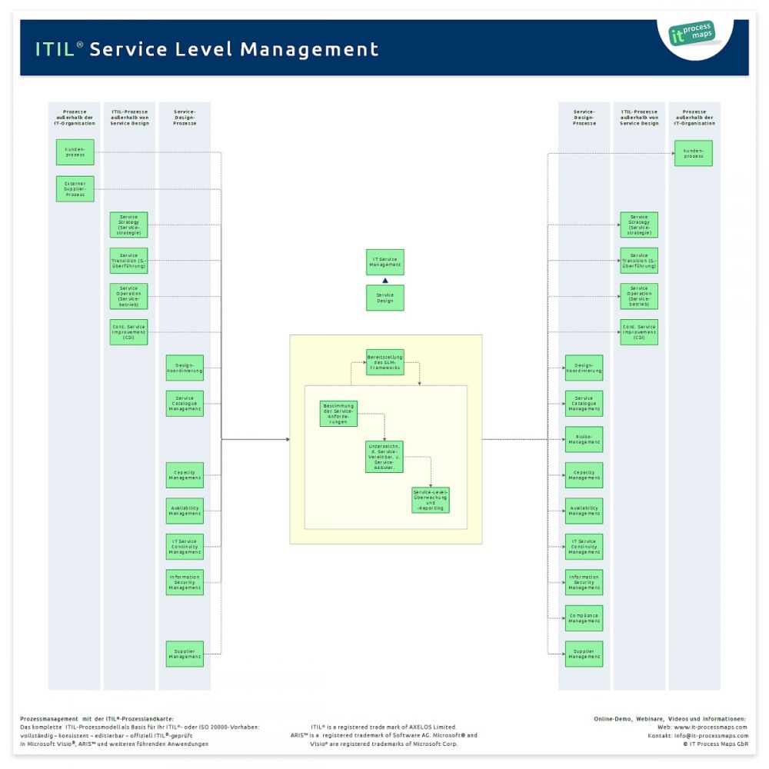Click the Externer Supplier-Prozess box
click(75, 189)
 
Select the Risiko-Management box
click(584, 439)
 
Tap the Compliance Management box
click(584, 618)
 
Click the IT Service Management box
click(384, 262)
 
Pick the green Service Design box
click(384, 298)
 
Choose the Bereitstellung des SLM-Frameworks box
click(384, 362)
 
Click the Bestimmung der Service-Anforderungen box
click(339, 414)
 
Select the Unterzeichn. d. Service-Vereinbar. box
click(384, 457)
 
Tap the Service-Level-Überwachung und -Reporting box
click(431, 500)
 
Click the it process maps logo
click(692, 34)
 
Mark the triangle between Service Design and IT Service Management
click(384, 281)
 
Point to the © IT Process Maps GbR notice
click(715, 744)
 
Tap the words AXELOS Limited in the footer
click(436, 727)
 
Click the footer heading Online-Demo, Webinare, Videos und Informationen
click(670, 718)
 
